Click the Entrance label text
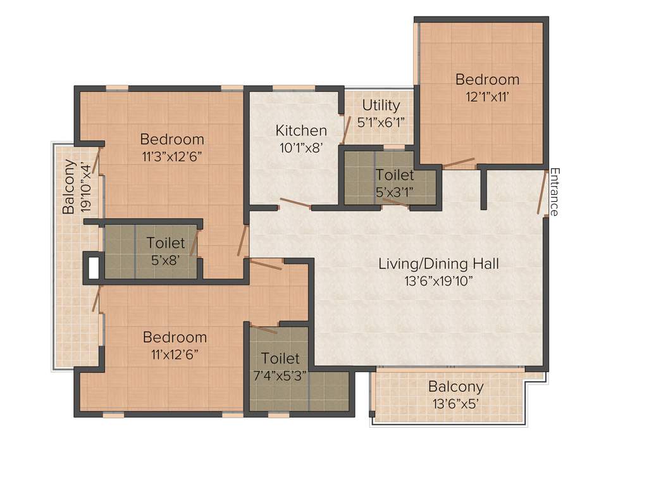click(554, 192)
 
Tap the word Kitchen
click(301, 131)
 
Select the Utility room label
click(381, 105)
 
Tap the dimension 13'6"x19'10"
click(438, 281)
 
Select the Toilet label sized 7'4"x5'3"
click(280, 358)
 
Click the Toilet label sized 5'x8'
click(166, 242)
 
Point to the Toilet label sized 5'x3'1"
click(395, 175)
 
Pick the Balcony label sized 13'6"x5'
click(455, 387)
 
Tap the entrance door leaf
click(541, 194)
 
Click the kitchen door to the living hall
click(295, 203)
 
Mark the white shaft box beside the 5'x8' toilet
click(93, 266)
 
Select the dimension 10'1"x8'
click(301, 147)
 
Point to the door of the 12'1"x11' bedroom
click(458, 163)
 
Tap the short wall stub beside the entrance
click(484, 188)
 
